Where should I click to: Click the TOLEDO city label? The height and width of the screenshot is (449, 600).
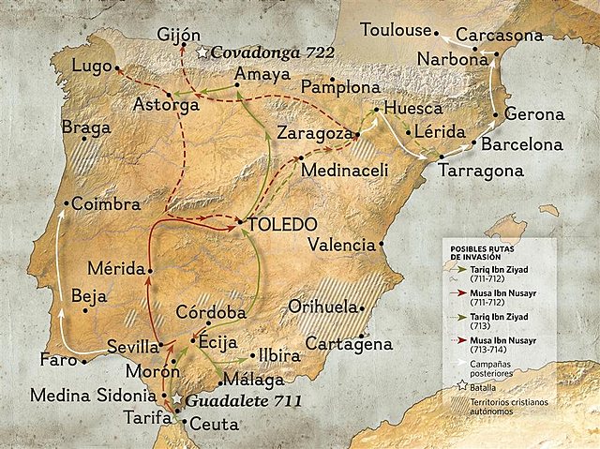pos(284,224)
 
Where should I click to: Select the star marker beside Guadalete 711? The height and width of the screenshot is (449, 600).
pos(175,400)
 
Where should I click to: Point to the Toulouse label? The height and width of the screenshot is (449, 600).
pos(397,29)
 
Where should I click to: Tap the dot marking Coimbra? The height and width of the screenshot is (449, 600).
pos(65,203)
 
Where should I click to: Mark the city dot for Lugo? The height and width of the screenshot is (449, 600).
pos(116,67)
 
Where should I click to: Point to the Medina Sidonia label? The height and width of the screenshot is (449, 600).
pos(82,394)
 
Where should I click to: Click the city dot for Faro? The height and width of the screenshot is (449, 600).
pos(84,360)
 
